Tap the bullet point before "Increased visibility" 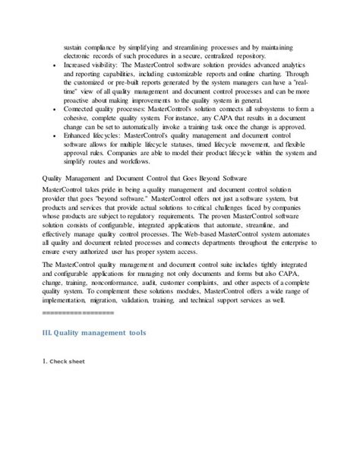point(50,66)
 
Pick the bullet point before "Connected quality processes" point(50,109)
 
